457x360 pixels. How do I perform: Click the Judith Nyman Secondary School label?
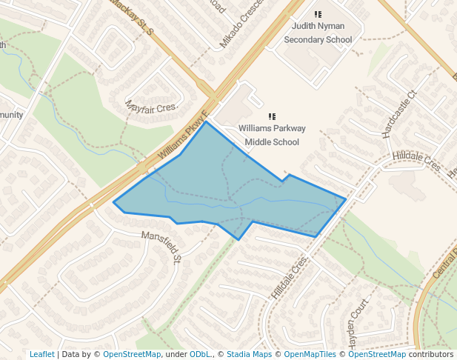(318, 33)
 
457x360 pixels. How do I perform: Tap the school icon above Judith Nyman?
(318, 14)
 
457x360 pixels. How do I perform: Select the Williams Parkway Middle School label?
(272, 135)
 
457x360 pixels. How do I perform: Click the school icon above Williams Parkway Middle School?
(272, 116)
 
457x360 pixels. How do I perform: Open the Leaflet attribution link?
(41, 354)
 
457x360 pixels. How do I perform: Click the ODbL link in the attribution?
(199, 354)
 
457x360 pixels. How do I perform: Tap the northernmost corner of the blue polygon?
(205, 121)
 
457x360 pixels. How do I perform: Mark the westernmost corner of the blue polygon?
(113, 202)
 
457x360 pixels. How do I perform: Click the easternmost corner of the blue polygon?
(346, 199)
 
